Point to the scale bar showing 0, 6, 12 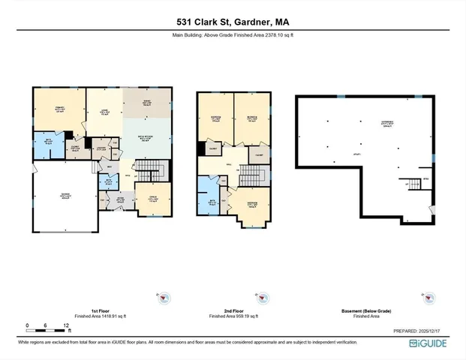click(47, 328)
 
